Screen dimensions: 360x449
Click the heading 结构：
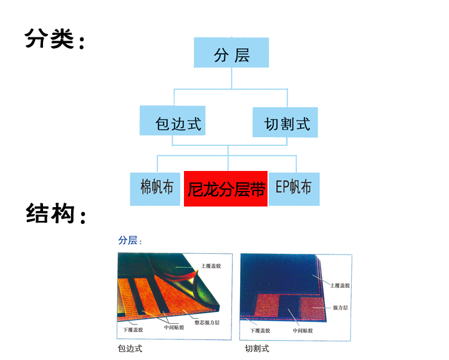56,214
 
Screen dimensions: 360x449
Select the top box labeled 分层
231,55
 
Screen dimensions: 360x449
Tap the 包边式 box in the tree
178,122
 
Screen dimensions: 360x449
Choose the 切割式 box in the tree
286,122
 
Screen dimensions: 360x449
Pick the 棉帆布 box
156,187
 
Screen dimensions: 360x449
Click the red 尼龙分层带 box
226,189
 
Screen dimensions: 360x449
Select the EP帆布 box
294,187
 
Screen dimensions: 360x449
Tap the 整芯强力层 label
206,323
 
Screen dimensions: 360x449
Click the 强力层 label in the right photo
340,308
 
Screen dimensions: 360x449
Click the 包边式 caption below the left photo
129,349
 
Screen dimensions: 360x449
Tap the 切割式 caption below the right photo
256,349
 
